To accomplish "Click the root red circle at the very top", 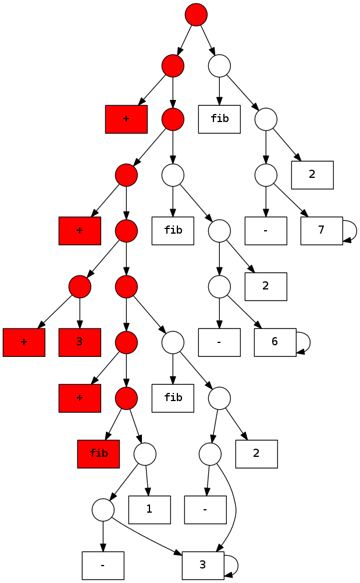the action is pyautogui.click(x=196, y=15).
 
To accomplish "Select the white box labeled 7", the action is pyautogui.click(x=322, y=231).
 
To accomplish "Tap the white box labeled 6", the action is pyautogui.click(x=275, y=342).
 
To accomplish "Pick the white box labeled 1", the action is pyautogui.click(x=149, y=509).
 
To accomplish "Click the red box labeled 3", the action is pyautogui.click(x=80, y=342).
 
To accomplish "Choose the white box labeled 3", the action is pyautogui.click(x=203, y=565).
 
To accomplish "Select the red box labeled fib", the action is pyautogui.click(x=98, y=453).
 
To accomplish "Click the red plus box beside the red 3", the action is pyautogui.click(x=24, y=342).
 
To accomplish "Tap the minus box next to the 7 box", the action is pyautogui.click(x=266, y=231).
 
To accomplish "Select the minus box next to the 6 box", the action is pyautogui.click(x=219, y=342).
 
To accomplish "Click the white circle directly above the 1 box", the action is pyautogui.click(x=145, y=453).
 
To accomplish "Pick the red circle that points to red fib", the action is pyautogui.click(x=126, y=398).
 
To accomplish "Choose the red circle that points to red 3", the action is pyautogui.click(x=80, y=287).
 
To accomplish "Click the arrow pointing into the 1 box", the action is pyautogui.click(x=147, y=480).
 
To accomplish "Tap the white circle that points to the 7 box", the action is pyautogui.click(x=266, y=175).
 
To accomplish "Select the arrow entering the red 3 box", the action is pyautogui.click(x=80, y=313).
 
